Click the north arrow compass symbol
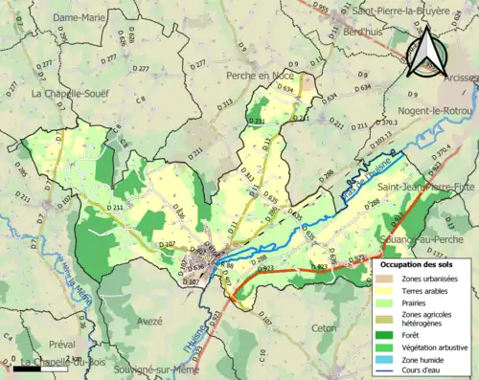coord(427,50)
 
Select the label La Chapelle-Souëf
coord(69,94)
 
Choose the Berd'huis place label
coord(363,31)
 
